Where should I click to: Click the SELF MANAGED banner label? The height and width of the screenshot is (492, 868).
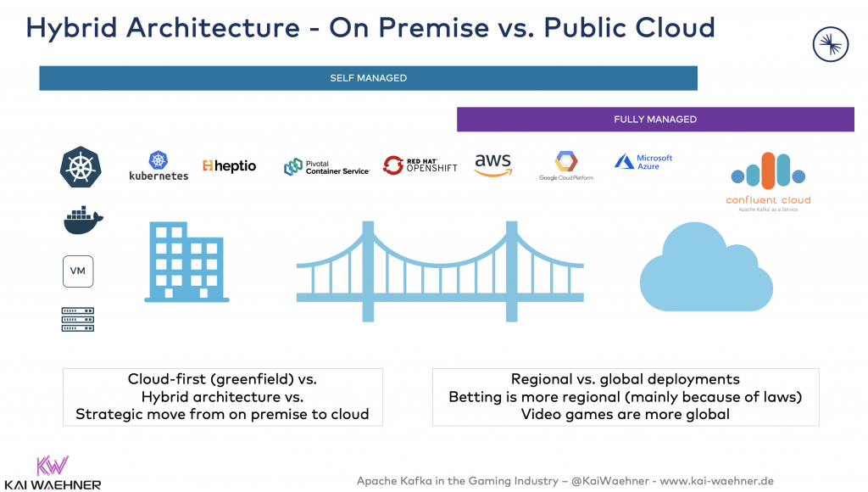click(368, 78)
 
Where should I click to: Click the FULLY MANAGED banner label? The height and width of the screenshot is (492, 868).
click(654, 120)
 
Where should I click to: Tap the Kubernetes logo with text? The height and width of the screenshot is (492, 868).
click(159, 165)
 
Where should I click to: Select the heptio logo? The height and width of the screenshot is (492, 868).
click(229, 165)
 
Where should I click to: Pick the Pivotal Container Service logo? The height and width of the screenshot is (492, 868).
click(326, 166)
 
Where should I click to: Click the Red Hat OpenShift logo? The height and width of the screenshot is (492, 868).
click(420, 165)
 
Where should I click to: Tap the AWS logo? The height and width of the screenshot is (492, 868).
click(492, 164)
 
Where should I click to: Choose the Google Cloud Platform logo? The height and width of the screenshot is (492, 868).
click(565, 165)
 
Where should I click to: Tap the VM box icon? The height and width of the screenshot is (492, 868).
click(78, 271)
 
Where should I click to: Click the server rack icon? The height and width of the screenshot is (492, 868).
click(78, 319)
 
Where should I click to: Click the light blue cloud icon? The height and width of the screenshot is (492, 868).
click(705, 269)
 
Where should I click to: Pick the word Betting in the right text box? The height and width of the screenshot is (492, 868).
click(475, 397)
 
